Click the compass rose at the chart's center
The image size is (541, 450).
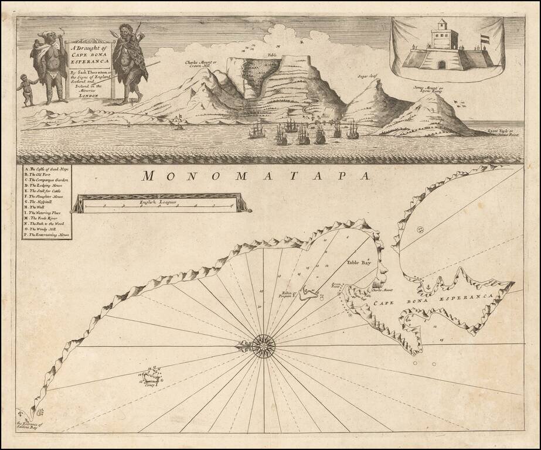point(265,345)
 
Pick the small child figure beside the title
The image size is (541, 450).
point(26,90)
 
